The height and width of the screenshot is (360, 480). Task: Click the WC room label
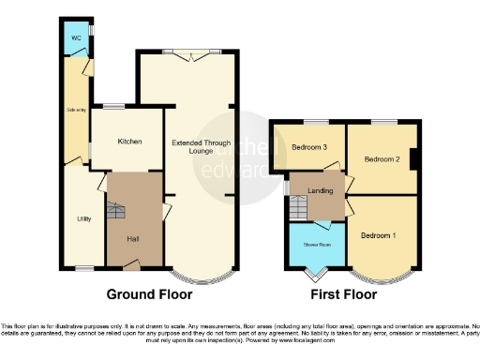(77, 38)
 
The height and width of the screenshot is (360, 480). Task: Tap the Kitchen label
(129, 142)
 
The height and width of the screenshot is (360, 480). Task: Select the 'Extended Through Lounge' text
(199, 147)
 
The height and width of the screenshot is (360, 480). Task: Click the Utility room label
(82, 219)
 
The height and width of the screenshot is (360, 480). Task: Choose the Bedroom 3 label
(308, 148)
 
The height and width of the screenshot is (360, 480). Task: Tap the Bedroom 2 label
(382, 159)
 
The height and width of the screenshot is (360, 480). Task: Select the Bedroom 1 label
(380, 234)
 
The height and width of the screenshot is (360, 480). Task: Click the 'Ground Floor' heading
(149, 294)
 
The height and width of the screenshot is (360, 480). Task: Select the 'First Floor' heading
(346, 294)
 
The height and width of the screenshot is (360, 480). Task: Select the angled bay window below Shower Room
(319, 275)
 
